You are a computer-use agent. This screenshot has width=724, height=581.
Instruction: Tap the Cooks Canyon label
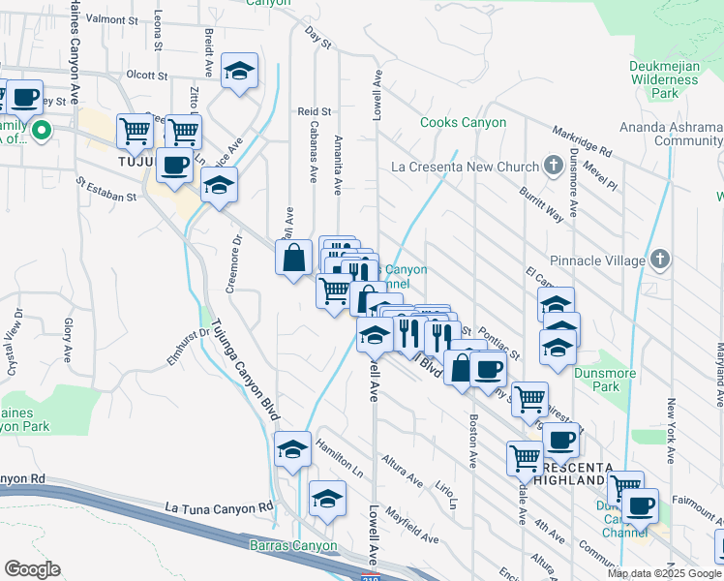(x=463, y=123)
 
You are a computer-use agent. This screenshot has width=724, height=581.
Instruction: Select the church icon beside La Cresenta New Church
(x=553, y=166)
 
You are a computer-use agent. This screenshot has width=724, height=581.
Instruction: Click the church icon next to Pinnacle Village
(x=659, y=259)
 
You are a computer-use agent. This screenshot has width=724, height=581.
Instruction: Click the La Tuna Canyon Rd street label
(x=219, y=507)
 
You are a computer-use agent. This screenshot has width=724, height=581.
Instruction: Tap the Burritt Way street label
(x=539, y=203)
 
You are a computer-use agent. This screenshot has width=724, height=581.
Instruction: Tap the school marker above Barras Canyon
(x=327, y=499)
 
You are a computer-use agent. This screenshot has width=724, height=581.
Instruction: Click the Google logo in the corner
(x=31, y=569)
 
